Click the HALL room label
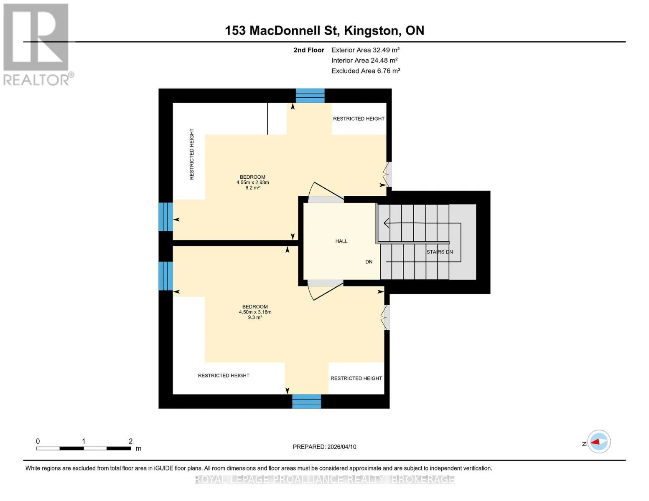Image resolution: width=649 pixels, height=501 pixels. (341, 241)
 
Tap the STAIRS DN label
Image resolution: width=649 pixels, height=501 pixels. (439, 252)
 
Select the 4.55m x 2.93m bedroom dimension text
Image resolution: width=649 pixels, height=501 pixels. (252, 182)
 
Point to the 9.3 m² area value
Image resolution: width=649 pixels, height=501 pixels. (255, 317)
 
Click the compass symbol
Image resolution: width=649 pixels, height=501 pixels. (598, 442)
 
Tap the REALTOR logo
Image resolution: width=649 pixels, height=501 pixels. (37, 45)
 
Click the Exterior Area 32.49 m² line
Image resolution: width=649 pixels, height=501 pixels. (365, 50)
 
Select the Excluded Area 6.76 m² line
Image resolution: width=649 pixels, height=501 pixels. (366, 71)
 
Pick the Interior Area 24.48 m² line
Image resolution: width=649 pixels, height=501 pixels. (364, 60)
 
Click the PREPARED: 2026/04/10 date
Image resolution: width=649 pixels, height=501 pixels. (324, 447)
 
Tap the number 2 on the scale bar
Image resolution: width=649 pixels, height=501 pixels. (130, 441)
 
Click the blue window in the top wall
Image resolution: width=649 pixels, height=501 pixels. (310, 96)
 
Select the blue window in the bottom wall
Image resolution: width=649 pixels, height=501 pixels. (306, 401)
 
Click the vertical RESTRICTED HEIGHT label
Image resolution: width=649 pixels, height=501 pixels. (192, 154)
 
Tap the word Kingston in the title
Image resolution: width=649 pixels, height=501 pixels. (371, 30)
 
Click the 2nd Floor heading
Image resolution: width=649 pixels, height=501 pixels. (308, 50)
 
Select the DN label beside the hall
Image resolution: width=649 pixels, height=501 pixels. (369, 262)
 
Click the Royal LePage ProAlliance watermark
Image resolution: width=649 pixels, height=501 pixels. (324, 479)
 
